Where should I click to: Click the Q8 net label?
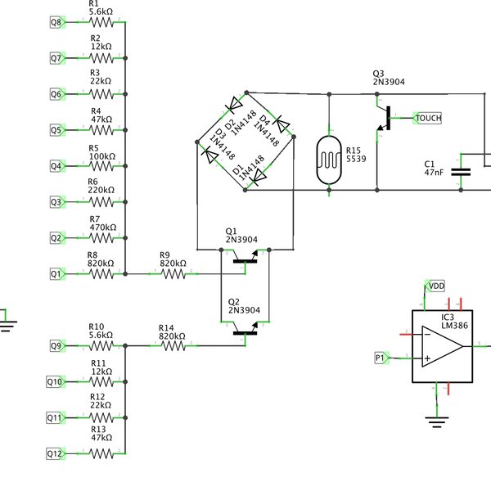tap(56, 23)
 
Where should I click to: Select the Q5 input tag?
tap(56, 129)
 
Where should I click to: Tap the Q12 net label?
tap(55, 453)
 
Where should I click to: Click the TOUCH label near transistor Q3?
tap(428, 119)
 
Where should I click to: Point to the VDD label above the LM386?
tap(437, 285)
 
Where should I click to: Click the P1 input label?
tap(381, 358)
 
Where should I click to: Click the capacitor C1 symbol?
tap(462, 172)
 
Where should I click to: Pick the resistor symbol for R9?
tap(173, 274)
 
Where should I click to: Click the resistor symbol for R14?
tap(173, 346)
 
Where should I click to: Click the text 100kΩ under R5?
tap(101, 156)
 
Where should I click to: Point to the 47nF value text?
tap(434, 173)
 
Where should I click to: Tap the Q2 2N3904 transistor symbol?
tap(245, 330)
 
